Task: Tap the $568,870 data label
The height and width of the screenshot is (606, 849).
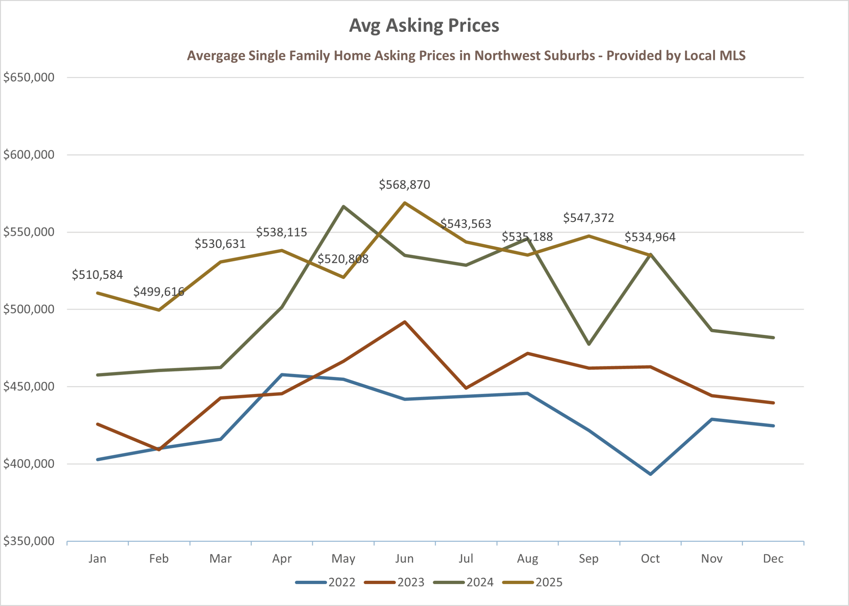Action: pos(404,185)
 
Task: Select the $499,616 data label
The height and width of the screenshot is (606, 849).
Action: pos(159,292)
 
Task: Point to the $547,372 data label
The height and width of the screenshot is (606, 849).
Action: pos(588,218)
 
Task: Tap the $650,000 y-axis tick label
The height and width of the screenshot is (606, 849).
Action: pos(29,78)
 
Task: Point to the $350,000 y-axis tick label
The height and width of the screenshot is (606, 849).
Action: pos(29,541)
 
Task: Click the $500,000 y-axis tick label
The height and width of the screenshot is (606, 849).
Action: pos(29,309)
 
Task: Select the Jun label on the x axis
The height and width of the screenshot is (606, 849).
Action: pos(404,559)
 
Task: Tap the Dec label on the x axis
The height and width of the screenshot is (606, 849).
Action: pos(773,559)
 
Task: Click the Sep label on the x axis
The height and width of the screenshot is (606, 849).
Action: pos(588,559)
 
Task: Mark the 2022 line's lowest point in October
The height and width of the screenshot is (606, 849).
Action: pos(650,474)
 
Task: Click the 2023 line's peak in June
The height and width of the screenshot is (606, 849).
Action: pos(404,322)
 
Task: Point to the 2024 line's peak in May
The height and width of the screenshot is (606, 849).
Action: pos(343,206)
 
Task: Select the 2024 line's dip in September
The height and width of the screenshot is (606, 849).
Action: pos(589,344)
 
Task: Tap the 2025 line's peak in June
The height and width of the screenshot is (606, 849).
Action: pos(404,203)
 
